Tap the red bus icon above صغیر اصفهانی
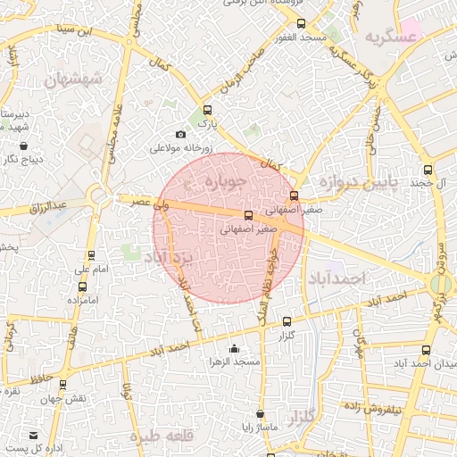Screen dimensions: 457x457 point(295,195)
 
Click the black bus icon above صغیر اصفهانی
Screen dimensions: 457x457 point(248,215)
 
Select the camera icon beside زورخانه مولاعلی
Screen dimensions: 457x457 point(181,135)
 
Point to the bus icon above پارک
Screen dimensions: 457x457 point(207,110)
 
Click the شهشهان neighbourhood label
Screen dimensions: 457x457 point(73,79)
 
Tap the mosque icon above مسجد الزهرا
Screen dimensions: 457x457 point(235,348)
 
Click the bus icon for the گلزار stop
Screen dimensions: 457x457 point(287,321)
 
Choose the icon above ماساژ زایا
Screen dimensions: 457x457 point(260,415)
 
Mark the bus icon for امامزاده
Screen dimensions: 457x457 point(83,287)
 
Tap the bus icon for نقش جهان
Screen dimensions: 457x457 point(63,385)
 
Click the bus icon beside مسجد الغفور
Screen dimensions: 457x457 point(300,23)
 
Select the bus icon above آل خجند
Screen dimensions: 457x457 point(428,170)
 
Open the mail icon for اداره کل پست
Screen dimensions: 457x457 point(34,435)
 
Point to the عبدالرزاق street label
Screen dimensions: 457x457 point(47,207)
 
